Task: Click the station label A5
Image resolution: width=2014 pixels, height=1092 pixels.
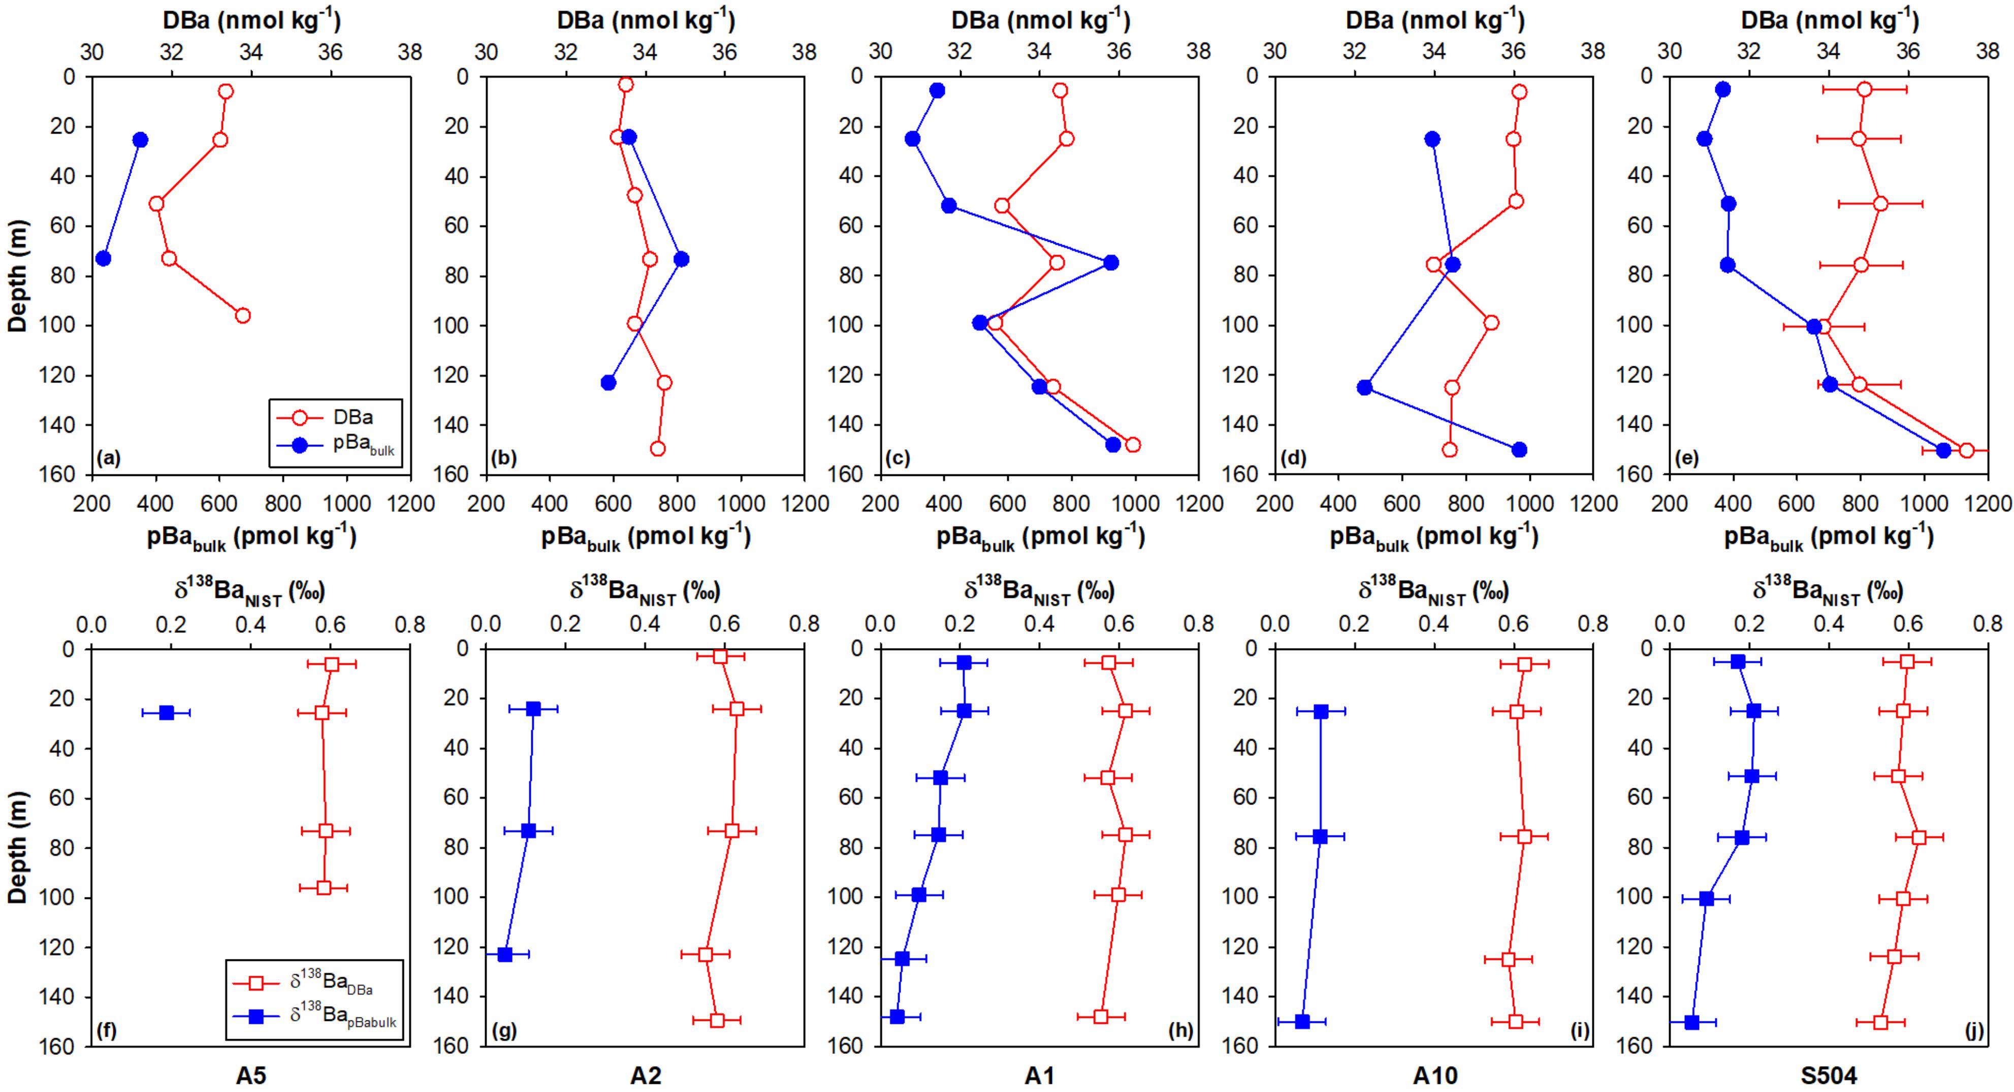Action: point(251,1076)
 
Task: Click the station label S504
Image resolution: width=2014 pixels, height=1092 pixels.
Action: point(1828,1076)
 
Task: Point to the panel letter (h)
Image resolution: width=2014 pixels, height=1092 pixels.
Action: point(1180,1031)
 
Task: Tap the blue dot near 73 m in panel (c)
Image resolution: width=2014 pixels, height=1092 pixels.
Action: point(1110,263)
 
